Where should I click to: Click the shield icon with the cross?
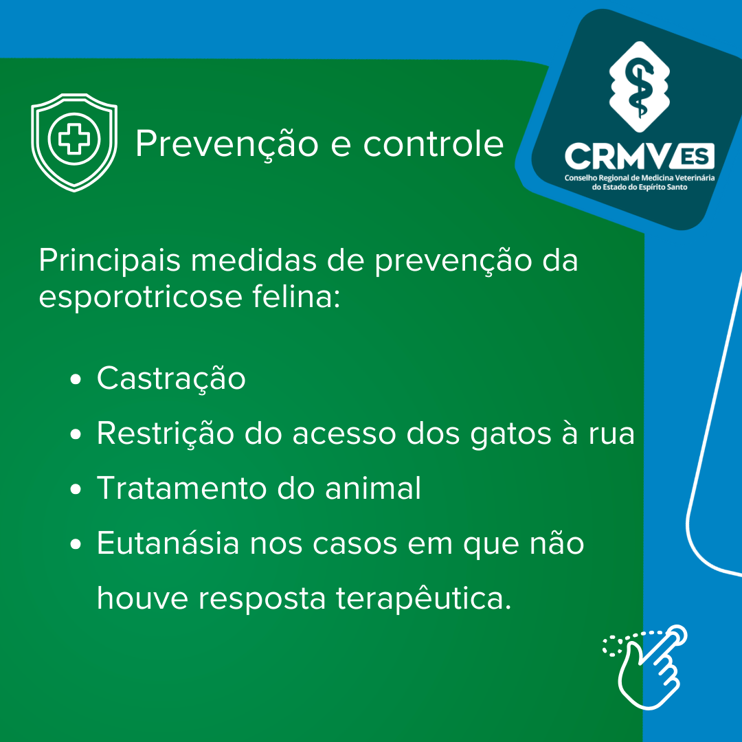(x=74, y=142)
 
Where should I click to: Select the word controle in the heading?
(x=433, y=143)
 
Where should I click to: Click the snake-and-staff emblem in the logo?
(x=640, y=87)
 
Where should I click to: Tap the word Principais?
(x=110, y=261)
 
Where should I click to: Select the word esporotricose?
(x=141, y=298)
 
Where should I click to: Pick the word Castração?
(x=171, y=379)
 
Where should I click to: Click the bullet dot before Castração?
(x=76, y=379)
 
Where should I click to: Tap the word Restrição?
(x=165, y=434)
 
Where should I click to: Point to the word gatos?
(x=511, y=436)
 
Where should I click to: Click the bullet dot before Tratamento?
(x=76, y=489)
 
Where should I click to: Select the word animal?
(x=373, y=488)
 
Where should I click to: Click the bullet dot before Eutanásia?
(x=76, y=544)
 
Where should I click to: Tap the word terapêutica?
(x=424, y=598)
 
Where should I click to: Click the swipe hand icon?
(x=645, y=668)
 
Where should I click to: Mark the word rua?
(x=611, y=436)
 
